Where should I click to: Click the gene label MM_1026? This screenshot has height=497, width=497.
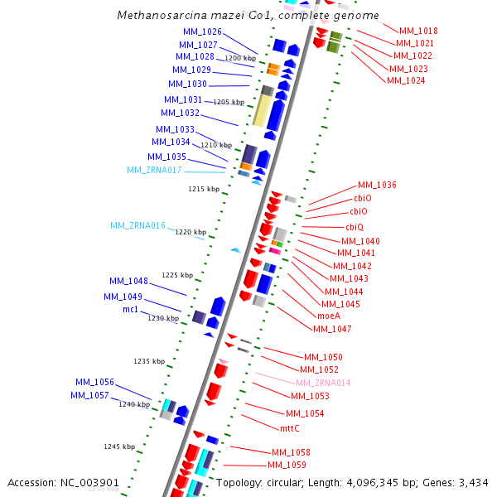pos(202,31)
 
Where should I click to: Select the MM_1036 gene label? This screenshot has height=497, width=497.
pos(377,185)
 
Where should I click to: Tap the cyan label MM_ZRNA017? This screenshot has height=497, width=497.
pos(154,170)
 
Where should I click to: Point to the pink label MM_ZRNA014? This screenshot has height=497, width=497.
pos(323,383)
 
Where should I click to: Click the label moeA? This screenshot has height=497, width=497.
pos(329,316)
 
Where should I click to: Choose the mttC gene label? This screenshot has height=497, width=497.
pos(290,428)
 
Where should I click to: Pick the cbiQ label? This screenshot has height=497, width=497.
pos(355,227)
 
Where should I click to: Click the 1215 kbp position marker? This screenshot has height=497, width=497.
pos(204,189)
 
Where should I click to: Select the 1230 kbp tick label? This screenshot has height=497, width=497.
pos(163,317)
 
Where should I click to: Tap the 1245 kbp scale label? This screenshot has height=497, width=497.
pos(118,446)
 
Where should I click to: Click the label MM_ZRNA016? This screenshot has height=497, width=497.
pos(138,225)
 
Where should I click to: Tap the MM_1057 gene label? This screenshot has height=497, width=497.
pos(89,395)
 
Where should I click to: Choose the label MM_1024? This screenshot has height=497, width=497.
pos(406,80)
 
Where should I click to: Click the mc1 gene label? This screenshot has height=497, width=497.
pos(131,309)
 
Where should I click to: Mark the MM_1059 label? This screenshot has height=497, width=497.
pos(287,466)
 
